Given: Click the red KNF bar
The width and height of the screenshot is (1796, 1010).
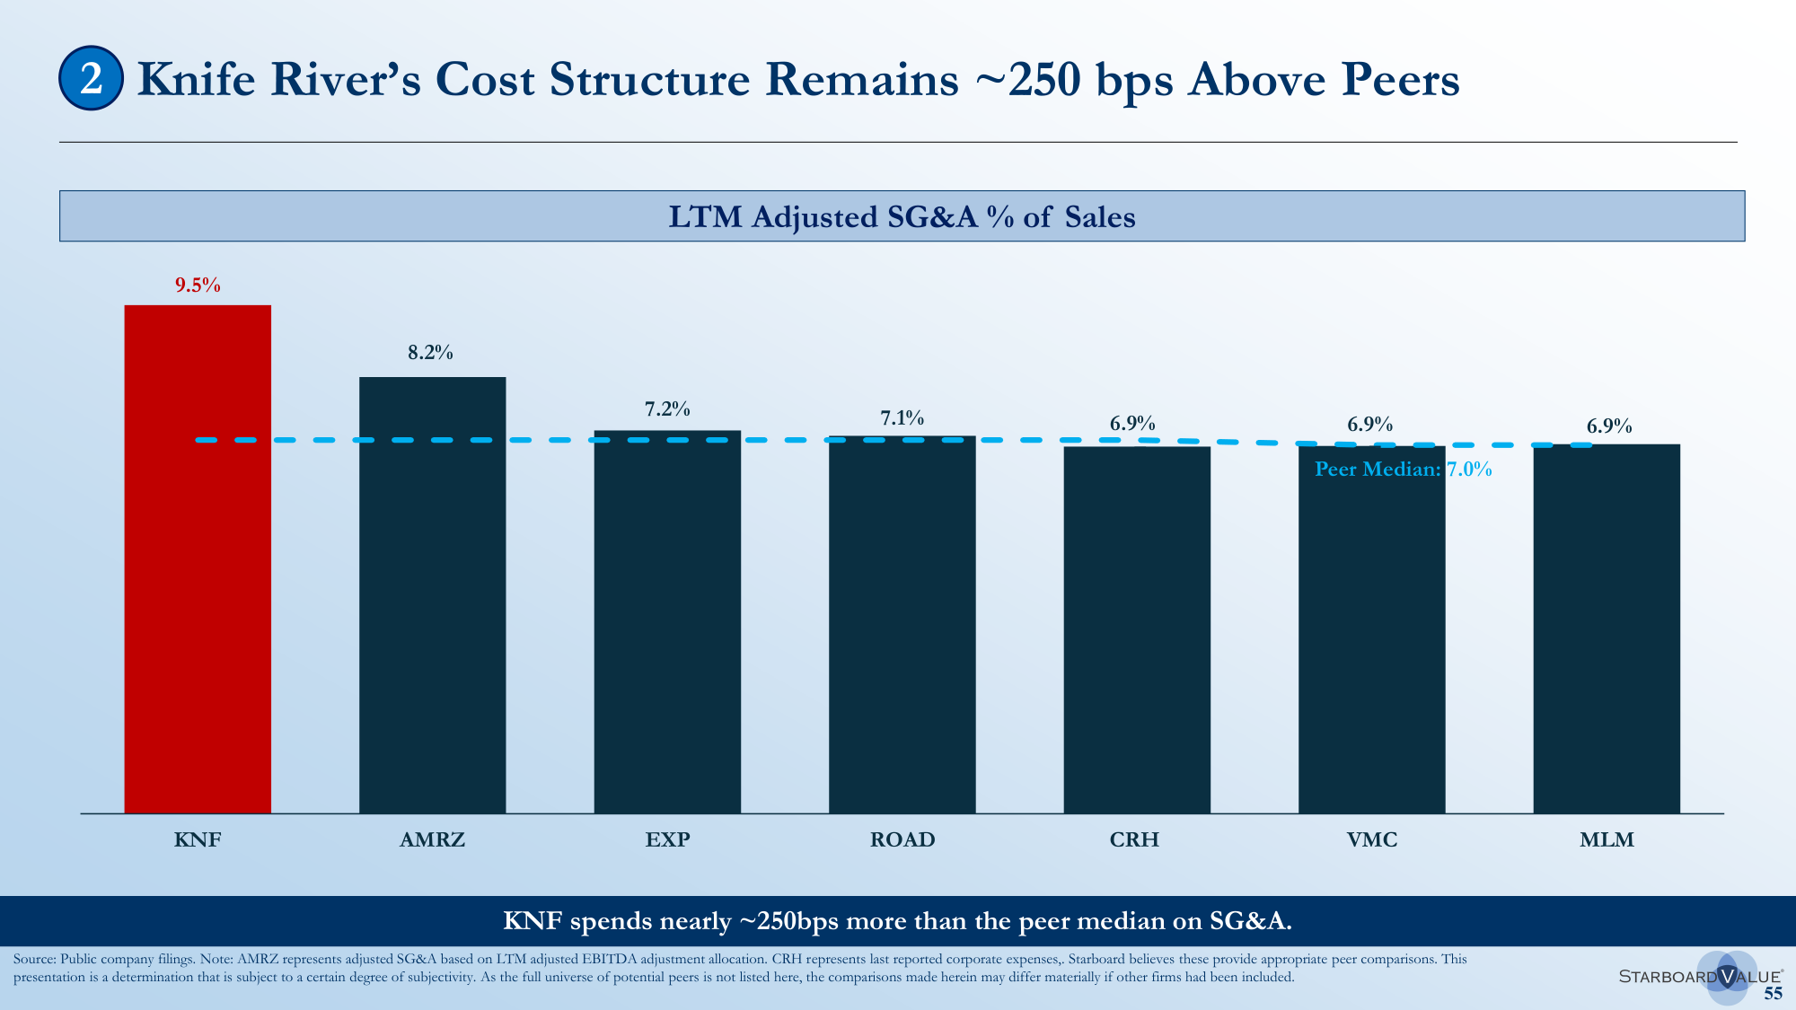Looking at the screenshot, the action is (x=198, y=559).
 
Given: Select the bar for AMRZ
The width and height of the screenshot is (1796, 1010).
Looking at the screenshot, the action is (x=433, y=595).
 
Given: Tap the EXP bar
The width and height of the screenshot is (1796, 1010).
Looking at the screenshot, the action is (x=667, y=622).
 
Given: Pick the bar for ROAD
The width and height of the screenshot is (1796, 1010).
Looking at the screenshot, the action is (x=902, y=625).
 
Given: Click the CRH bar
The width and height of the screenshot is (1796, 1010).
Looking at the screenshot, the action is (x=1137, y=629).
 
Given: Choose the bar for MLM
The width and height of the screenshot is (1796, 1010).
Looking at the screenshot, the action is (x=1607, y=628).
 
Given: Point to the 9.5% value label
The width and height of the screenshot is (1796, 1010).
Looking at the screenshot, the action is (x=198, y=285).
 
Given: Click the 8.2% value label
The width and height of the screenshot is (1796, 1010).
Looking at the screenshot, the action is (x=431, y=353).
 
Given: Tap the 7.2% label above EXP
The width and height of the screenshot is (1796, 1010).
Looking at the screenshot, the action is (x=667, y=409).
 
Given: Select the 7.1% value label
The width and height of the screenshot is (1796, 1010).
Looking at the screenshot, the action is (x=902, y=418).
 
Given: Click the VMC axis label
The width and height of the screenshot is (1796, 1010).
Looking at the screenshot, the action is (x=1372, y=839).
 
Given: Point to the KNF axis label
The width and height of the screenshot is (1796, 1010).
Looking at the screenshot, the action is (x=198, y=839).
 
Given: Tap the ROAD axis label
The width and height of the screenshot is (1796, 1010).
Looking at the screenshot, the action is (x=902, y=839).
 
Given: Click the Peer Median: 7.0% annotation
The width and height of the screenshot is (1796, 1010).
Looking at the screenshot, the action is (x=1404, y=469).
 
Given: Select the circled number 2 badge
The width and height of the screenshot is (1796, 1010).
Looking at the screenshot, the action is (x=91, y=78).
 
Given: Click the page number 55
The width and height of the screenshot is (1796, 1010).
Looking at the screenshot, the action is (x=1773, y=993).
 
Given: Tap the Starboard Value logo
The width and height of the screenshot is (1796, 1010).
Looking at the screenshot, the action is (x=1701, y=976).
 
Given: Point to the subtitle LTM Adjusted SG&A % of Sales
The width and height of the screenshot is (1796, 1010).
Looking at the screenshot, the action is (x=902, y=216).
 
